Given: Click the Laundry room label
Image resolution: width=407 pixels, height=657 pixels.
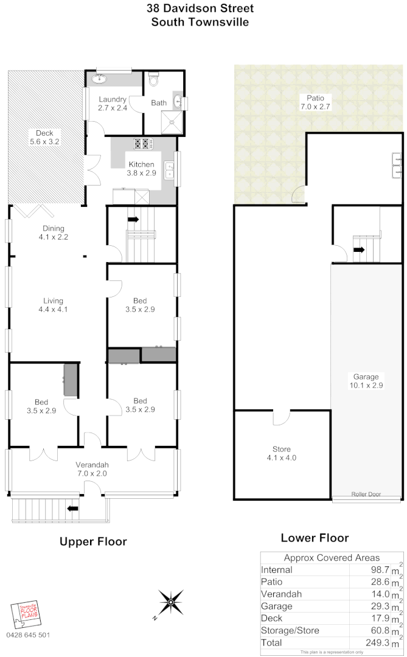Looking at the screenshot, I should [112, 104].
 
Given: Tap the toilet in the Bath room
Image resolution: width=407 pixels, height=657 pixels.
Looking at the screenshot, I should [153, 80].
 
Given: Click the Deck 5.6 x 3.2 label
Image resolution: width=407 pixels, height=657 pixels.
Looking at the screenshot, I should [44, 137].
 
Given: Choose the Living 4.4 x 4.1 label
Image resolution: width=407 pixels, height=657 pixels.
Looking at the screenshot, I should [53, 305].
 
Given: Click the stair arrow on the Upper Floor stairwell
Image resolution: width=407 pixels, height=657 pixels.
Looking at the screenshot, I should [133, 219].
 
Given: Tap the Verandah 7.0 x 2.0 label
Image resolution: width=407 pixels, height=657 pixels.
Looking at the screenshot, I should [92, 468].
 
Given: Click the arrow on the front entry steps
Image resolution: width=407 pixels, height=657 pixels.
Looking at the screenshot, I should [73, 508].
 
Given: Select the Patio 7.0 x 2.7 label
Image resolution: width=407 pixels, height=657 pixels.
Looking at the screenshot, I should [315, 102].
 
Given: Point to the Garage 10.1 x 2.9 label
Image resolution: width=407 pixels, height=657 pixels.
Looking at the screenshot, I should [364, 381].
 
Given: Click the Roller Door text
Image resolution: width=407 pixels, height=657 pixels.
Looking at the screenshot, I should [366, 495].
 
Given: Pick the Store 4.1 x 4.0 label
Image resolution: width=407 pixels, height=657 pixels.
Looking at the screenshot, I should [281, 454].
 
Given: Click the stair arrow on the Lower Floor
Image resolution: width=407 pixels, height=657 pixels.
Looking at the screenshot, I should [359, 249].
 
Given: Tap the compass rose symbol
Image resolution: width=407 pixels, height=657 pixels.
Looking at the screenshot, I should [171, 603].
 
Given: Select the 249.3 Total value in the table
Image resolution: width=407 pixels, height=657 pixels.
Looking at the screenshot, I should [376, 642].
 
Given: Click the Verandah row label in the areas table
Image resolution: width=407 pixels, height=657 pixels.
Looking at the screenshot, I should [282, 594].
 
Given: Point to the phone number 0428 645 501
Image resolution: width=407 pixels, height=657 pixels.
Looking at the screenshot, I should [28, 635].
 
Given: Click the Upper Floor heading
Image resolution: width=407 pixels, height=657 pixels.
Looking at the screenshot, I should [93, 541].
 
